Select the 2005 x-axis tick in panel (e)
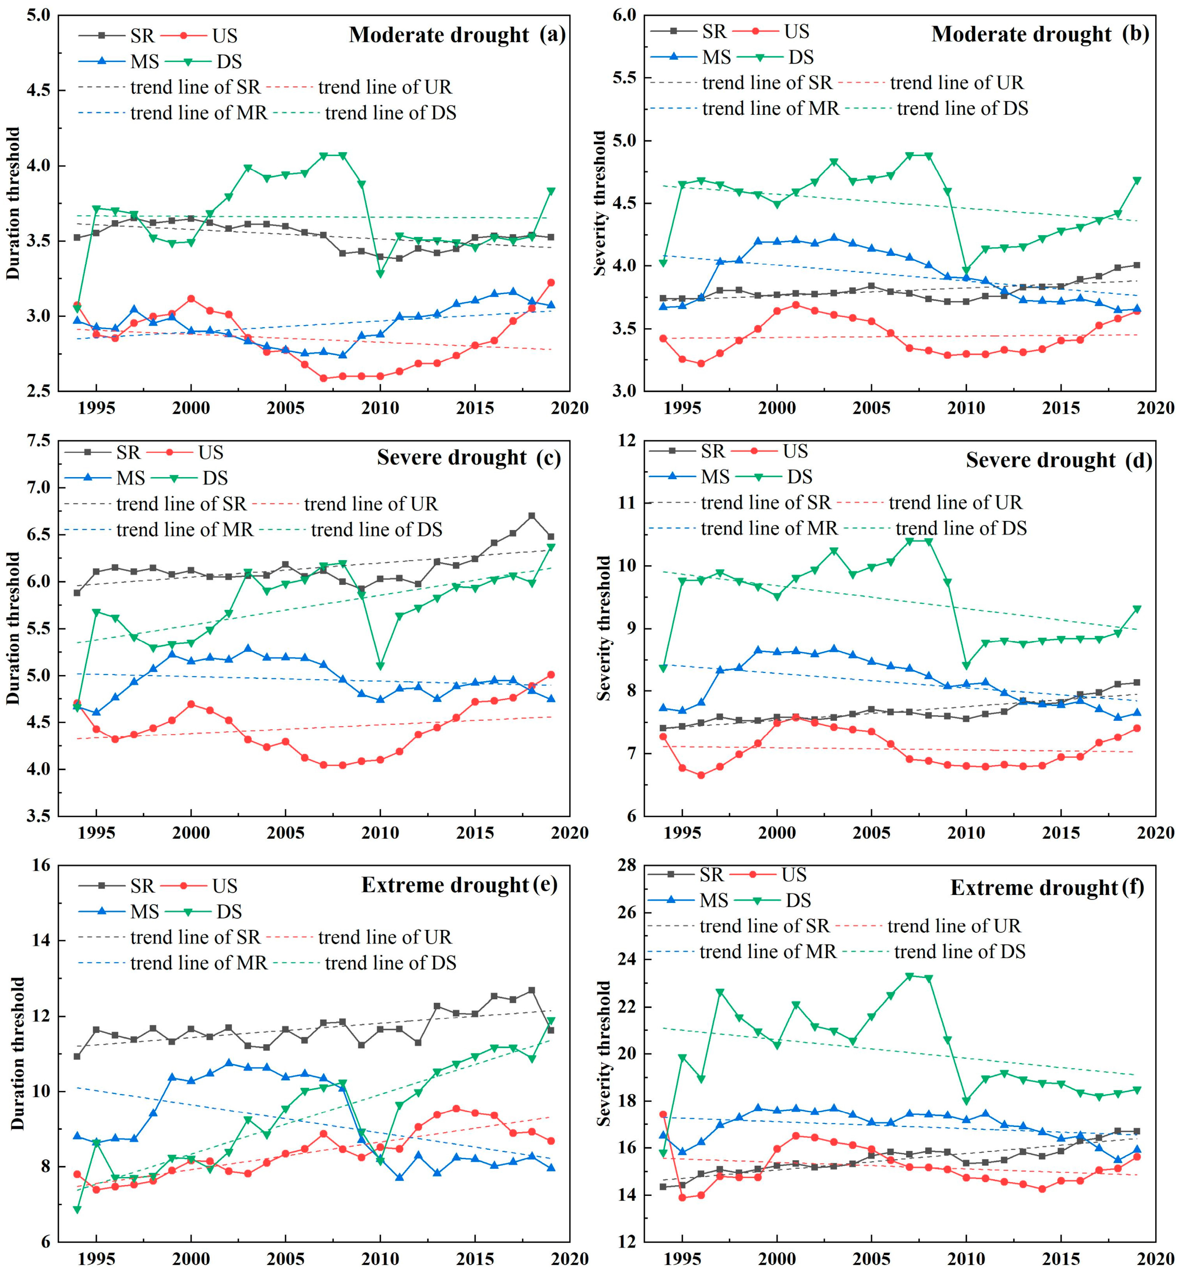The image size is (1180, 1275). coord(286,1260)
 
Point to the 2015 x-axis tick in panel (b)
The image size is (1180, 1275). coord(1061,407)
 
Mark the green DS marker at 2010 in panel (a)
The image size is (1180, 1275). coord(380,274)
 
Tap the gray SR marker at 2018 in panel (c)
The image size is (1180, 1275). coord(531,516)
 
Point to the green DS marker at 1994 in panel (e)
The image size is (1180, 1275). coord(77,1210)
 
